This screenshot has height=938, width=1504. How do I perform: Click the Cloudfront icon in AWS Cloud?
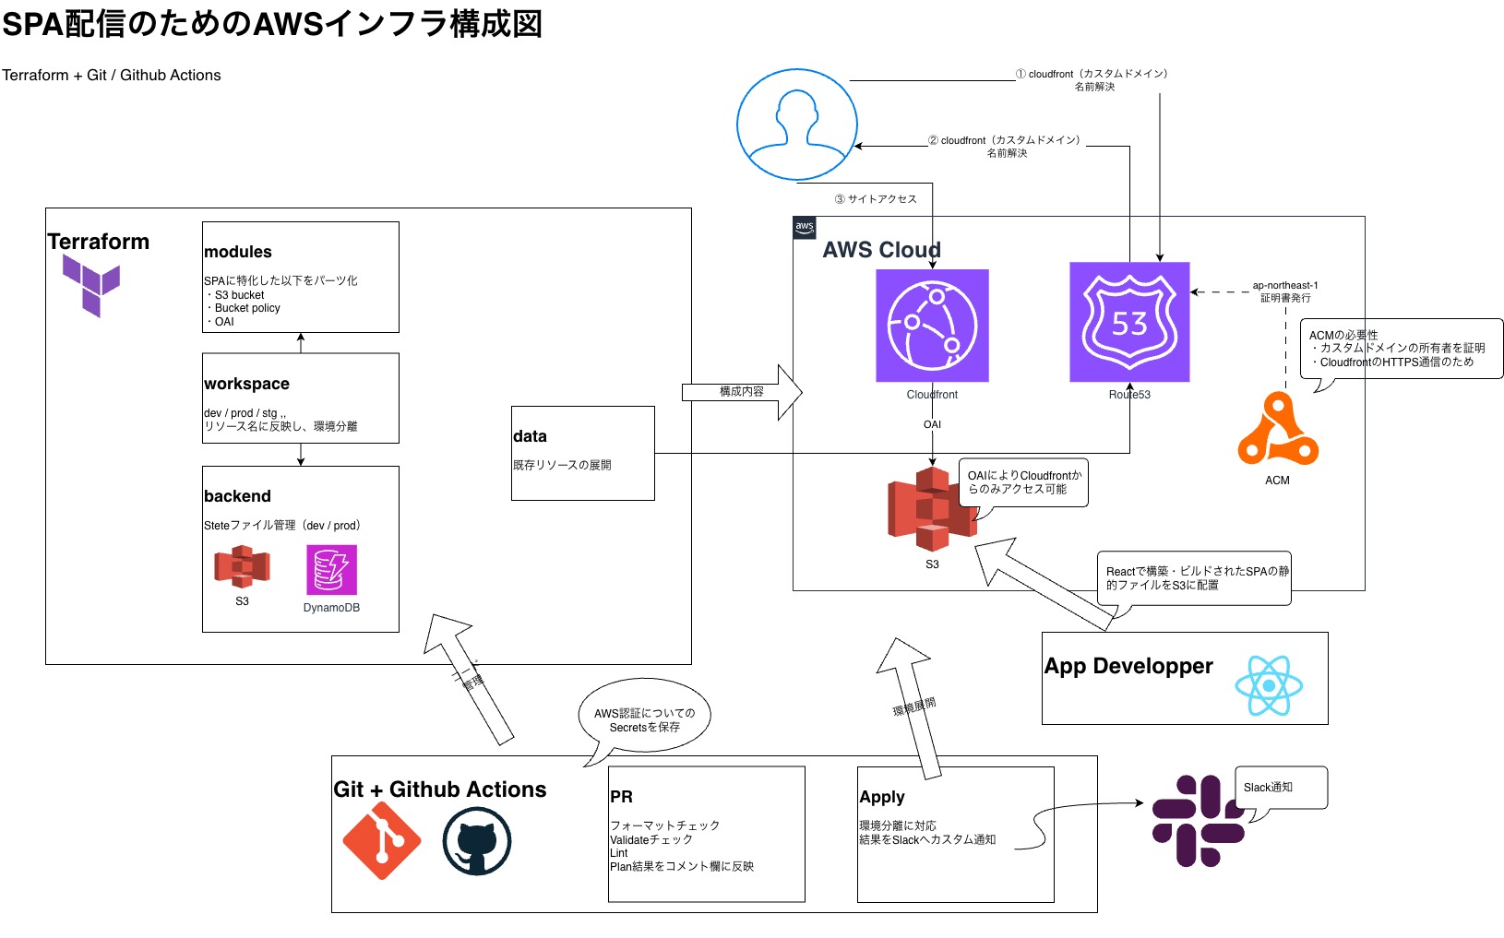click(x=932, y=326)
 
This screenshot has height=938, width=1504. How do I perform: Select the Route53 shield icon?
click(x=1129, y=322)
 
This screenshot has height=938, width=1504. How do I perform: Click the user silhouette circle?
click(x=797, y=125)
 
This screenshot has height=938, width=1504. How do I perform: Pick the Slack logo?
click(x=1197, y=821)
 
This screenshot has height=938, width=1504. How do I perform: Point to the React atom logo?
click(x=1269, y=685)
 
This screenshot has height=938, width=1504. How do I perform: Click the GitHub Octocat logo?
click(x=476, y=841)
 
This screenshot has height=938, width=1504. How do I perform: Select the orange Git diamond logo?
click(x=382, y=840)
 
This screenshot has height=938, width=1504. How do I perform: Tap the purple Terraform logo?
click(x=91, y=285)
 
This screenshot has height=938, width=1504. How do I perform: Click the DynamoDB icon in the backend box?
click(x=331, y=570)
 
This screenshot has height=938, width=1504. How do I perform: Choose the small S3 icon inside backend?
click(x=242, y=566)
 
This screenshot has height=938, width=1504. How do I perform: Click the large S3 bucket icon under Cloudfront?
click(x=930, y=509)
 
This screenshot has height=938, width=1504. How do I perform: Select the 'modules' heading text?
click(x=238, y=252)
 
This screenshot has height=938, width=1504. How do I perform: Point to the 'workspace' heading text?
click(x=246, y=384)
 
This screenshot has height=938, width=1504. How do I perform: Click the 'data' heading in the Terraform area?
click(x=530, y=436)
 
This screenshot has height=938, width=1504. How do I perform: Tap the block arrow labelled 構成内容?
click(x=742, y=392)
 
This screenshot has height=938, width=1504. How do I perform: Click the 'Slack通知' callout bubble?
click(x=1281, y=788)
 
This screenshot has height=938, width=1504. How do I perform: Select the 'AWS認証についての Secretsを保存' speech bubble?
click(x=645, y=719)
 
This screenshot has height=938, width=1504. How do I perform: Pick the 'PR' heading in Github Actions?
click(x=621, y=797)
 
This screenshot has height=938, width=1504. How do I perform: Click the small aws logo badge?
click(x=805, y=228)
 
